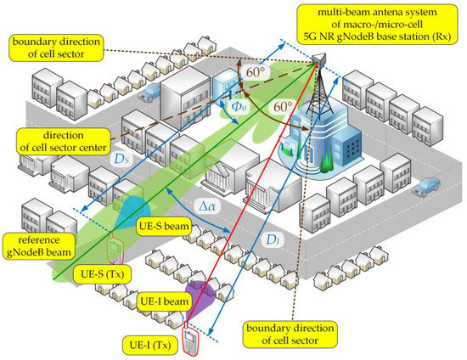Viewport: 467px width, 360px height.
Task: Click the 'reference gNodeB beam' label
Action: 41,244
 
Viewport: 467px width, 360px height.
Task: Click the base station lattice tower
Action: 320,93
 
